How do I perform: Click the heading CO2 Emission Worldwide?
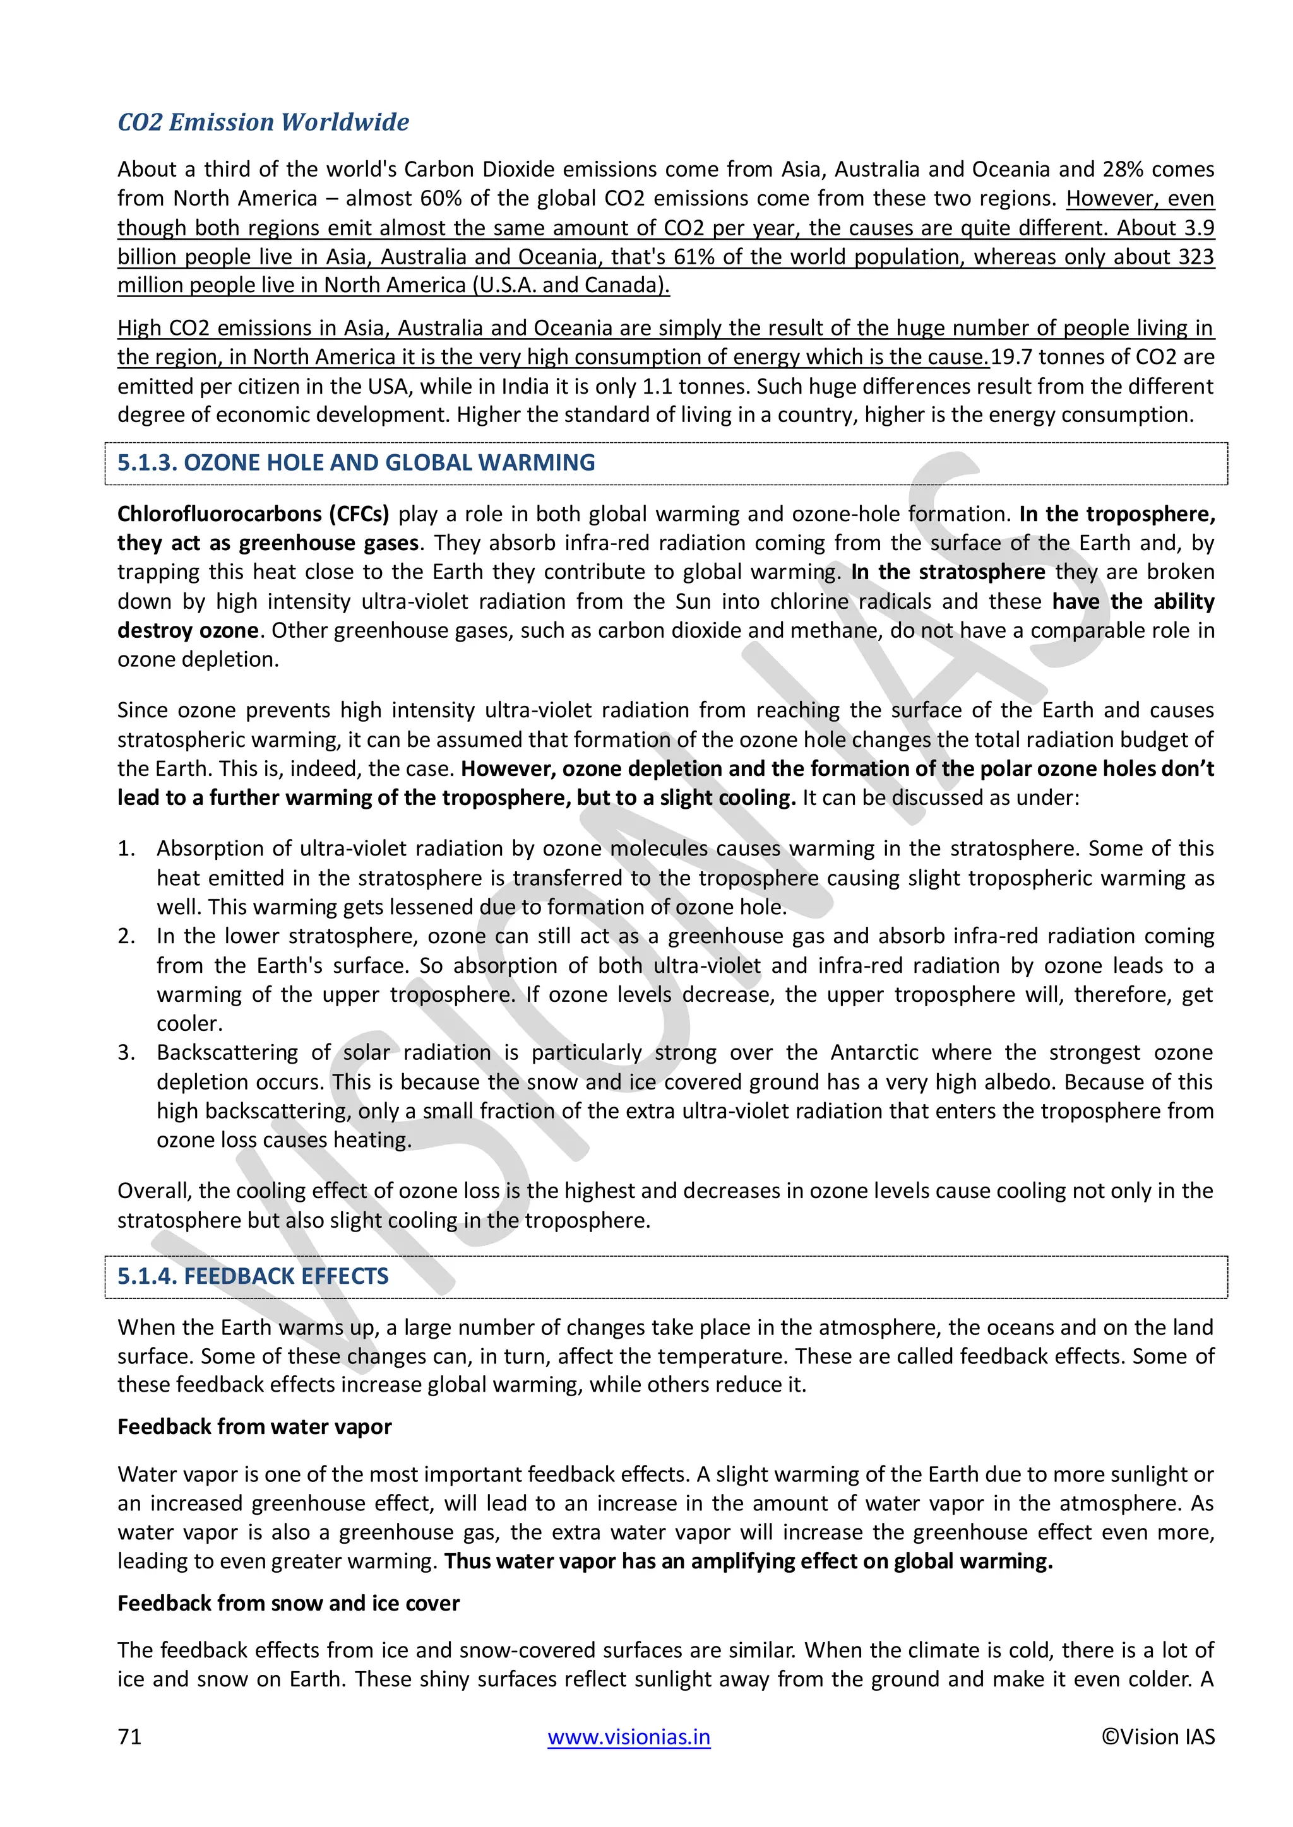click(x=263, y=122)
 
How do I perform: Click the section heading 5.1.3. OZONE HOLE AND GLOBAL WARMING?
click(x=356, y=462)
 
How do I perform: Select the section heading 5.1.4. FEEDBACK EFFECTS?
click(x=253, y=1276)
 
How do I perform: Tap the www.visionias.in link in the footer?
click(x=628, y=1736)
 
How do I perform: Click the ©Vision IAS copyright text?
click(x=1158, y=1736)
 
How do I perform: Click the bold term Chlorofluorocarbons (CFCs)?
click(x=253, y=514)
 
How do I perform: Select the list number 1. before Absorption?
click(x=127, y=849)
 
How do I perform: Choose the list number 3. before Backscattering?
click(x=127, y=1053)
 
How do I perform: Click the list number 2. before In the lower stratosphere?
click(x=127, y=937)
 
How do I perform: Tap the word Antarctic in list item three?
click(x=874, y=1053)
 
